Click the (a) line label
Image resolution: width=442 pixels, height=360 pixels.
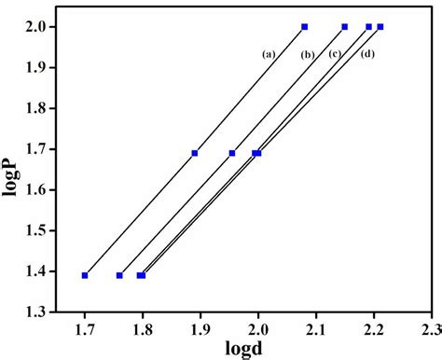(269, 53)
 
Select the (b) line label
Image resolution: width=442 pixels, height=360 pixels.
(307, 54)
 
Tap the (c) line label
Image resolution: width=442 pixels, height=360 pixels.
(334, 53)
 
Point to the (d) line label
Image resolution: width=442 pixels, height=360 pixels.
(367, 54)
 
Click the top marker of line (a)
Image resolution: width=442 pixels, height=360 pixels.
(304, 26)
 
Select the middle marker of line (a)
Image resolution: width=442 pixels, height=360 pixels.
(195, 153)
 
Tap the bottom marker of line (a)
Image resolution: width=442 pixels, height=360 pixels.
(85, 275)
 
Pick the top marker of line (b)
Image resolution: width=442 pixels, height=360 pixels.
(344, 26)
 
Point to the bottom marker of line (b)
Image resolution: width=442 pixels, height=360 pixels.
(119, 275)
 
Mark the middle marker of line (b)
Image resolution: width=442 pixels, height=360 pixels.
(232, 153)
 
